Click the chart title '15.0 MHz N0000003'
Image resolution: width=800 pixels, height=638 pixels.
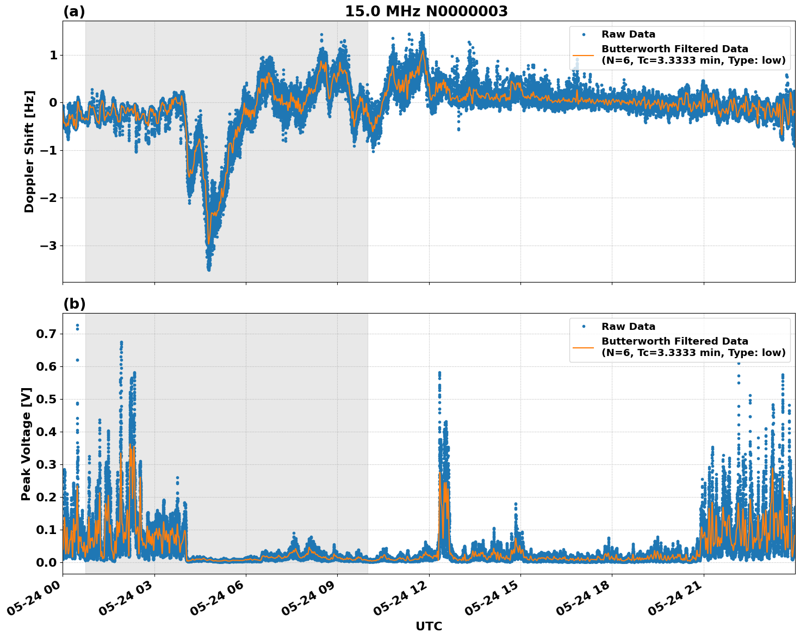click(426, 11)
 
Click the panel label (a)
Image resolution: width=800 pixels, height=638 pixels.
click(74, 11)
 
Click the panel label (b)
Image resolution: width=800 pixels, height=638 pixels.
click(74, 304)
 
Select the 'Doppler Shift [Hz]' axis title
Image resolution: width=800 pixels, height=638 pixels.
click(29, 151)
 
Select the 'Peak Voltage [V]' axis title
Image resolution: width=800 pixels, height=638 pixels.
click(26, 444)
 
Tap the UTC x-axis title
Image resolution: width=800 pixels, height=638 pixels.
click(429, 626)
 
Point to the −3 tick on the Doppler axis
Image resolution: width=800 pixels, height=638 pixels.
click(49, 246)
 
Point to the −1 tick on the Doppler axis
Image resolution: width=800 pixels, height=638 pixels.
click(49, 150)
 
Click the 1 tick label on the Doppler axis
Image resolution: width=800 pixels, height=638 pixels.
click(53, 55)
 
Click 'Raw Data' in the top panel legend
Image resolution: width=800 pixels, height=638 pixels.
click(628, 34)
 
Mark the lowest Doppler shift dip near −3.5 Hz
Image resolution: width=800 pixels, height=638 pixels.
click(209, 269)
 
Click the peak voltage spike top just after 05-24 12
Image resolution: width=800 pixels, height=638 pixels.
click(439, 373)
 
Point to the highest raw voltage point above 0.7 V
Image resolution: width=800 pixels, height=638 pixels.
click(77, 326)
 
